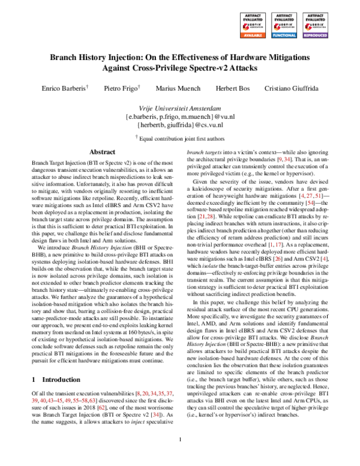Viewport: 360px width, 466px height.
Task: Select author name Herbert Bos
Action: pos(232,88)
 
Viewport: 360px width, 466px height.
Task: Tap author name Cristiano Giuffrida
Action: pos(291,88)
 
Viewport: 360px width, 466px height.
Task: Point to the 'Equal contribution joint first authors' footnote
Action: pos(179,136)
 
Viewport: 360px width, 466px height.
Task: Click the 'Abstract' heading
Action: pos(98,153)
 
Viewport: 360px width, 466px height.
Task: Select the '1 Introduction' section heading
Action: pos(55,380)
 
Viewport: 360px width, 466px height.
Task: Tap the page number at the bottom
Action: pos(180,457)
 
